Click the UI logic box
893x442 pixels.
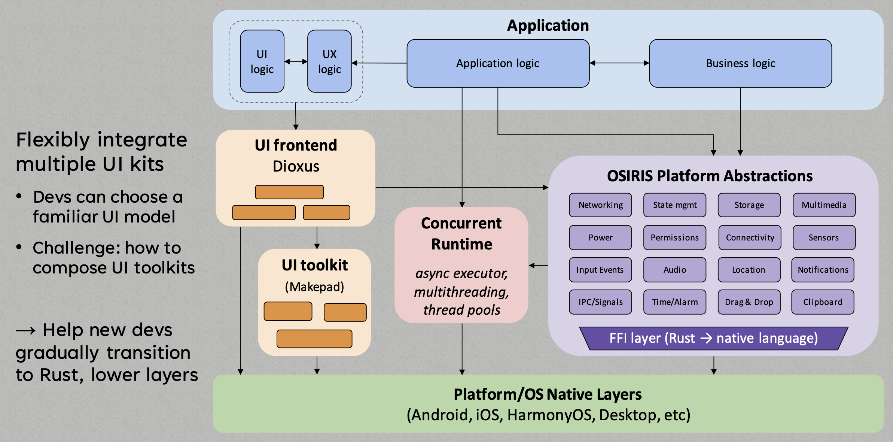(x=262, y=61)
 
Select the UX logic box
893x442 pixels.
(x=329, y=61)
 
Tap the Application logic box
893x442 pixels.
(x=498, y=63)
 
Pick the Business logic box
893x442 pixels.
(x=740, y=63)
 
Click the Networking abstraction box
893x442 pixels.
(x=600, y=205)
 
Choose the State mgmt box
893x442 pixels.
(x=674, y=205)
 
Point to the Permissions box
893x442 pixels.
(x=674, y=237)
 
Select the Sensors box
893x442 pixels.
(x=824, y=237)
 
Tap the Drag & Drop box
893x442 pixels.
(x=749, y=302)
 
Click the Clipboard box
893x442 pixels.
(x=823, y=302)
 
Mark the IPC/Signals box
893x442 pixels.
(x=600, y=302)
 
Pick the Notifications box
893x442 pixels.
(x=823, y=270)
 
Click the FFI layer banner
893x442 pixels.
(x=713, y=338)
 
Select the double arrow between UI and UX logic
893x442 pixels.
(x=296, y=61)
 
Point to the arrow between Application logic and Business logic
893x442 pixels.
(x=619, y=63)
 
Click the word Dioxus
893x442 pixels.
(x=296, y=166)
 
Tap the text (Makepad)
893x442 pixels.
(x=314, y=287)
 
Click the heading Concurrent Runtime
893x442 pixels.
(x=461, y=234)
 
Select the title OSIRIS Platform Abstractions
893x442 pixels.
(x=710, y=176)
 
